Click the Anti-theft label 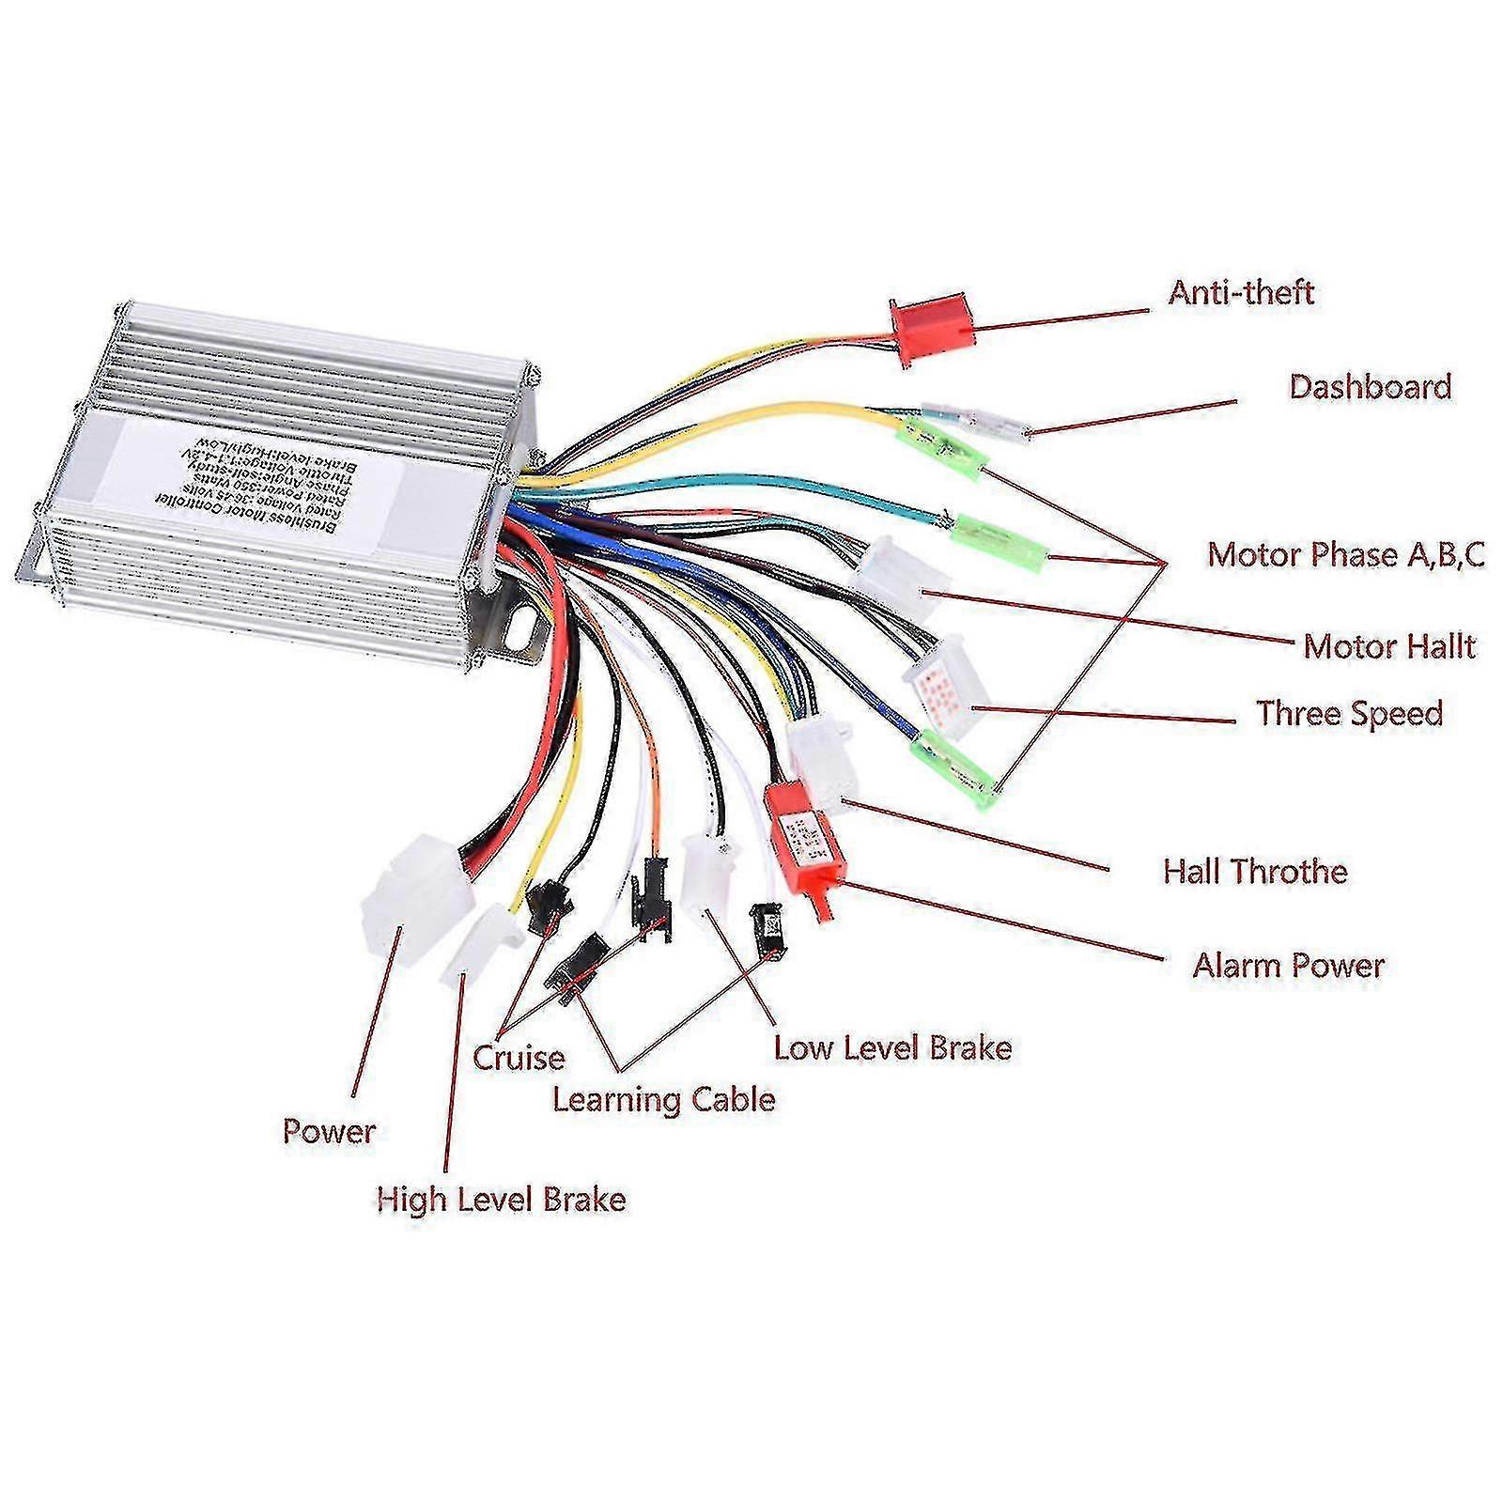pyautogui.click(x=1240, y=293)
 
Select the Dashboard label pyautogui.click(x=1370, y=387)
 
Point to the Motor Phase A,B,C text pyautogui.click(x=1345, y=554)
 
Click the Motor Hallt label pyautogui.click(x=1388, y=646)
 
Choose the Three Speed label pyautogui.click(x=1349, y=714)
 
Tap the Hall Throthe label pyautogui.click(x=1255, y=872)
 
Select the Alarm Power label pyautogui.click(x=1288, y=966)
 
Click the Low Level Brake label pyautogui.click(x=892, y=1048)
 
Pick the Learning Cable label pyautogui.click(x=663, y=1100)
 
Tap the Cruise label pyautogui.click(x=519, y=1059)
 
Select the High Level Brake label pyautogui.click(x=501, y=1200)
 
